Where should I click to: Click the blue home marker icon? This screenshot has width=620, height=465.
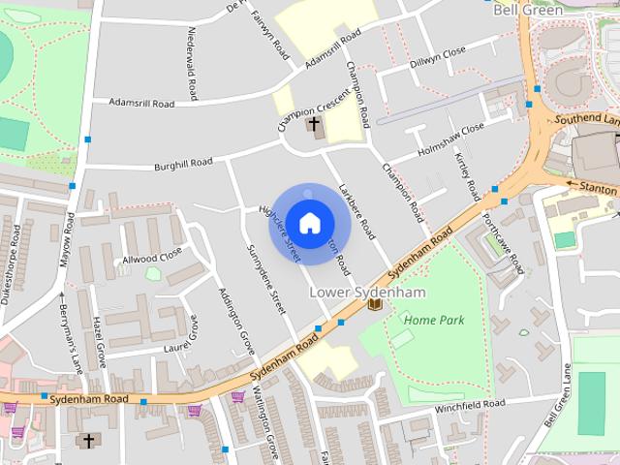coord(309,223)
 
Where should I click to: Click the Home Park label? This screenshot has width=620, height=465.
coord(434,320)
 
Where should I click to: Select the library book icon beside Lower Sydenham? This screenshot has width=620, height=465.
coord(375,304)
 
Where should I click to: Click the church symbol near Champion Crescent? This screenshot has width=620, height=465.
coord(313,124)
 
